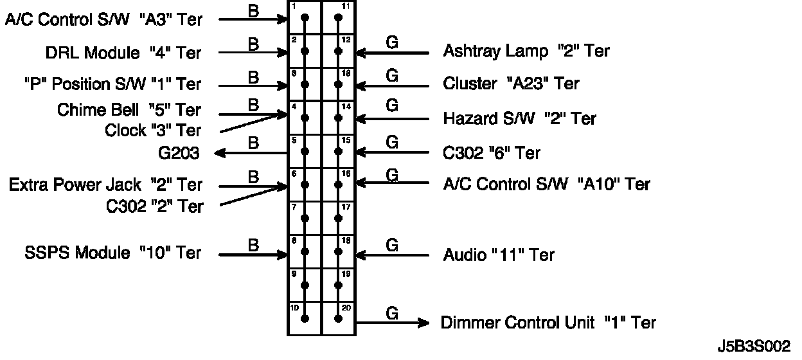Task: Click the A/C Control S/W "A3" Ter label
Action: [103, 19]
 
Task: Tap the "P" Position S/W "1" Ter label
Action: [112, 84]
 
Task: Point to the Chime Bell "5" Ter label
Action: [129, 110]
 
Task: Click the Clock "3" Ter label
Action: [153, 130]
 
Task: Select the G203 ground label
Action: [178, 153]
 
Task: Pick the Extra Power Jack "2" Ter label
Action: [105, 185]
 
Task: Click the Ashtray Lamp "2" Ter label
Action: [526, 51]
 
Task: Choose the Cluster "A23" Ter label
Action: [511, 84]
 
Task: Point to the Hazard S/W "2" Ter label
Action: [519, 118]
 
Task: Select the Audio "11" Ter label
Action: [499, 255]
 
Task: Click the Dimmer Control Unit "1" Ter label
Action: [548, 322]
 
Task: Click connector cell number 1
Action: [304, 17]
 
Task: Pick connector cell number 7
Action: [304, 218]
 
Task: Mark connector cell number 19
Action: [338, 285]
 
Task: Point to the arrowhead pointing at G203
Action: [220, 153]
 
